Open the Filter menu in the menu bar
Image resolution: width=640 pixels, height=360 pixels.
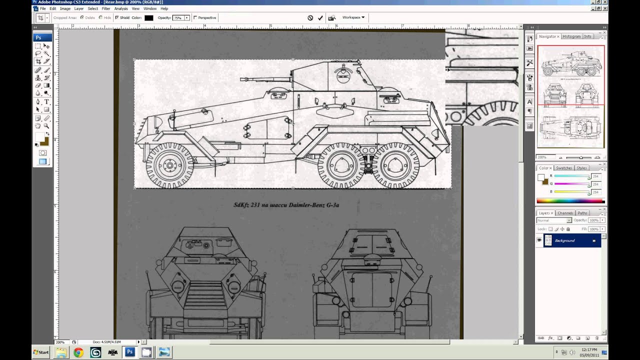coord(106,8)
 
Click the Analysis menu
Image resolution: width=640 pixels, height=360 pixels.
coord(121,8)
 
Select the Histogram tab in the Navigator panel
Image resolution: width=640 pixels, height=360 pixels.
coord(571,36)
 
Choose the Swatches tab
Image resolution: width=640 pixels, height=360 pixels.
coord(564,168)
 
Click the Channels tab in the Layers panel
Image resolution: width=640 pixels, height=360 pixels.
coord(565,213)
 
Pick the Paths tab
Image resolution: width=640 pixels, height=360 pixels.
coord(582,213)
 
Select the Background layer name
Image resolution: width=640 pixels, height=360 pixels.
coord(564,240)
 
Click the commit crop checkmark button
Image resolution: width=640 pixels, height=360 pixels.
coord(320,18)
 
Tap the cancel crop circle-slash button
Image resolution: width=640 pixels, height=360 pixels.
coord(310,18)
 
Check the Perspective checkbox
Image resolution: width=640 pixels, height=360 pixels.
coord(195,18)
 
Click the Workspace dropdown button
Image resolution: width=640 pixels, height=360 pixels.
coord(353,17)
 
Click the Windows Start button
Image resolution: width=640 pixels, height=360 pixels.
coord(41,352)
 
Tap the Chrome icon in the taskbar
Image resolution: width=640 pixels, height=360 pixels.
coord(78,352)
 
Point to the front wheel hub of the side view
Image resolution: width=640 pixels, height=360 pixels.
coord(169,165)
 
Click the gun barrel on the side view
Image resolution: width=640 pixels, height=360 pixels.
coord(265,79)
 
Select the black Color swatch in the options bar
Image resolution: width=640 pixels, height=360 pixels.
coord(149,18)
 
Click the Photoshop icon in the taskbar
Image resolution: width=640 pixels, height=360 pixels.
coord(129,352)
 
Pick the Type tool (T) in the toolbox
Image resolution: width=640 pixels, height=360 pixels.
coord(46,102)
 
